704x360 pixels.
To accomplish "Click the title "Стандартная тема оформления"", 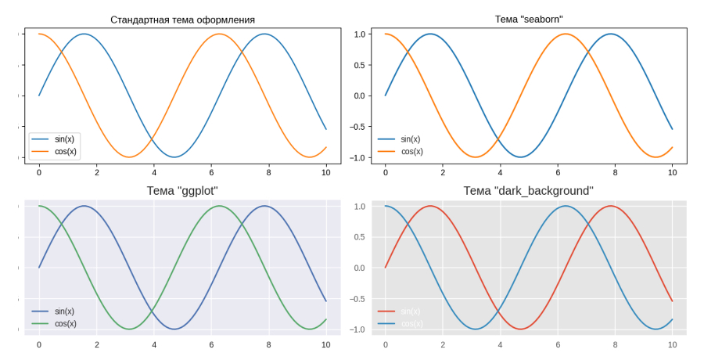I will (182, 20).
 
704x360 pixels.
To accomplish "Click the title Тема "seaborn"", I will (529, 19).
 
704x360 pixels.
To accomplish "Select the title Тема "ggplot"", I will (182, 190).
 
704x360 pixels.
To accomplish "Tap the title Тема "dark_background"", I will (529, 190).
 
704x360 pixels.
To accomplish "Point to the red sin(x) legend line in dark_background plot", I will (386, 311).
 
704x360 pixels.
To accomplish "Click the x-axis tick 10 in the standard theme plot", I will (326, 172).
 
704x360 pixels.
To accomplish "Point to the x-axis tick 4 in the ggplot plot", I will (154, 344).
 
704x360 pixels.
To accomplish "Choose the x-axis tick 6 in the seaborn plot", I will (558, 172).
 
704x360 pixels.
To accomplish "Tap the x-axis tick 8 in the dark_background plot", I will (615, 344).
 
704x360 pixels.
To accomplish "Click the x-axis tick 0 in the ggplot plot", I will (39, 344).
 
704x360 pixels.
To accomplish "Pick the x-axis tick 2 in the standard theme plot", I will (96, 172).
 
